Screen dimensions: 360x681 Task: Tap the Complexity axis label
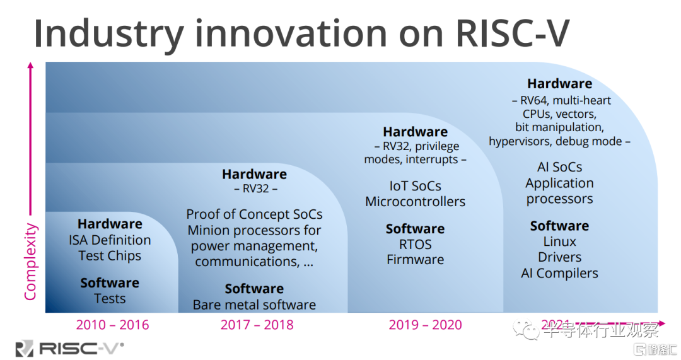tap(30, 261)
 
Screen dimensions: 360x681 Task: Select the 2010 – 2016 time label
tap(112, 325)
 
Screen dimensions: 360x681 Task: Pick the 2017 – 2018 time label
tap(257, 325)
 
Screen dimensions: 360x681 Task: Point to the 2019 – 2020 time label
tap(425, 325)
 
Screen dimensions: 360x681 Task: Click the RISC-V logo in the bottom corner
tap(69, 347)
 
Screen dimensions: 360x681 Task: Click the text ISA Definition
tap(110, 240)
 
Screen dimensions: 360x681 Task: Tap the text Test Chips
tap(110, 256)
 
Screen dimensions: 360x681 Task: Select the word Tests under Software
tap(110, 299)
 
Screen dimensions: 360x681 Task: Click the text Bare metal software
tap(254, 305)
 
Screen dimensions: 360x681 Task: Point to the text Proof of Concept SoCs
tap(254, 214)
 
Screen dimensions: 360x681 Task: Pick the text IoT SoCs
tap(415, 187)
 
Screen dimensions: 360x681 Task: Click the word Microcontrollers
tap(415, 202)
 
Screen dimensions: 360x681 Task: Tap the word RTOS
tap(415, 244)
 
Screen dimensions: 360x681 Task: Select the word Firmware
tap(415, 260)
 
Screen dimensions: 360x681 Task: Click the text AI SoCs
tap(559, 168)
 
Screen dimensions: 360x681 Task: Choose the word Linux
tap(559, 242)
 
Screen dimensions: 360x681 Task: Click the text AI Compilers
tap(559, 274)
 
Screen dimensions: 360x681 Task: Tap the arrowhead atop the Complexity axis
tap(30, 65)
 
